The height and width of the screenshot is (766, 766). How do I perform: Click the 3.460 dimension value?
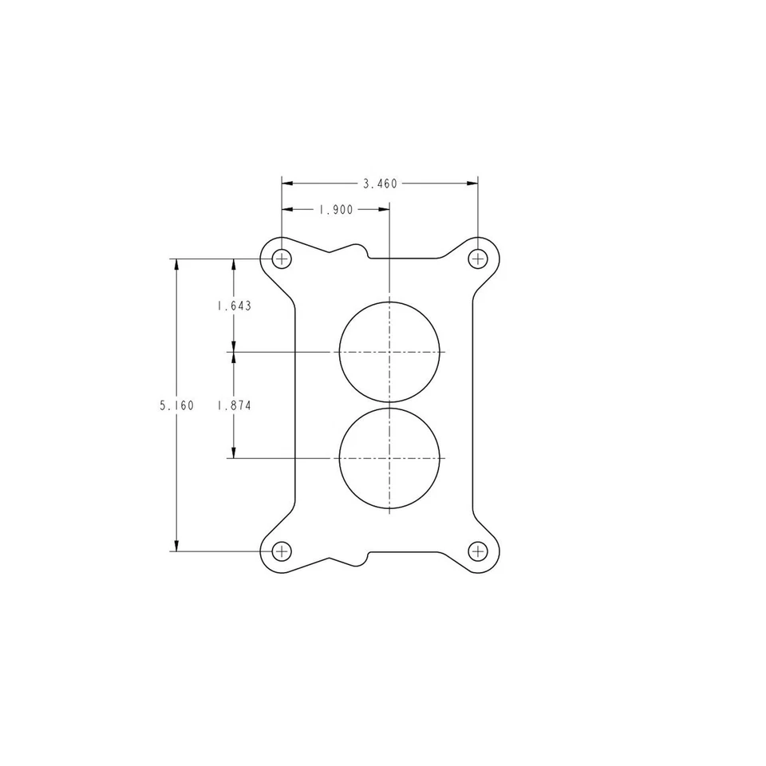380,184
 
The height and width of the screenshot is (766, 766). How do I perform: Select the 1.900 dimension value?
335,210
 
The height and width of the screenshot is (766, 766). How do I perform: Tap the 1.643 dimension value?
234,306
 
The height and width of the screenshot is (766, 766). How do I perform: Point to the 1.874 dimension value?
234,405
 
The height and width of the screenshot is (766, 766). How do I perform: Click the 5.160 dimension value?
176,405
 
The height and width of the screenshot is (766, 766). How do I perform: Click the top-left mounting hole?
282,259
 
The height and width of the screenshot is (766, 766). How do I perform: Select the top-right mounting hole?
478,259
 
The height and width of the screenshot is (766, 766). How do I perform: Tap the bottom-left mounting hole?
282,551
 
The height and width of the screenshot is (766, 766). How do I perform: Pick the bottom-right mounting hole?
478,551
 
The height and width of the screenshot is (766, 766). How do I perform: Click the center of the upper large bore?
389,351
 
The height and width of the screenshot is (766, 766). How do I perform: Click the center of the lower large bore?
389,458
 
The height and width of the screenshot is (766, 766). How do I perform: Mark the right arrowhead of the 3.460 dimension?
473,184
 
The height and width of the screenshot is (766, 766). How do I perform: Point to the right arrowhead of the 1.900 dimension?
385,210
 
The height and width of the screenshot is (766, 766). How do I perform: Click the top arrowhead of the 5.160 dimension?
176,263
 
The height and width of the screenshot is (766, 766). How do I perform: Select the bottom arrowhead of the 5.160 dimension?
176,546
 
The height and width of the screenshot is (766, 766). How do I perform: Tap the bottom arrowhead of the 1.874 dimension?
234,453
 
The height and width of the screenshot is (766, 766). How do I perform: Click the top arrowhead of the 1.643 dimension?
234,263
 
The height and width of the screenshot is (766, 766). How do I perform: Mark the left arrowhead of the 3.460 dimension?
286,184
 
